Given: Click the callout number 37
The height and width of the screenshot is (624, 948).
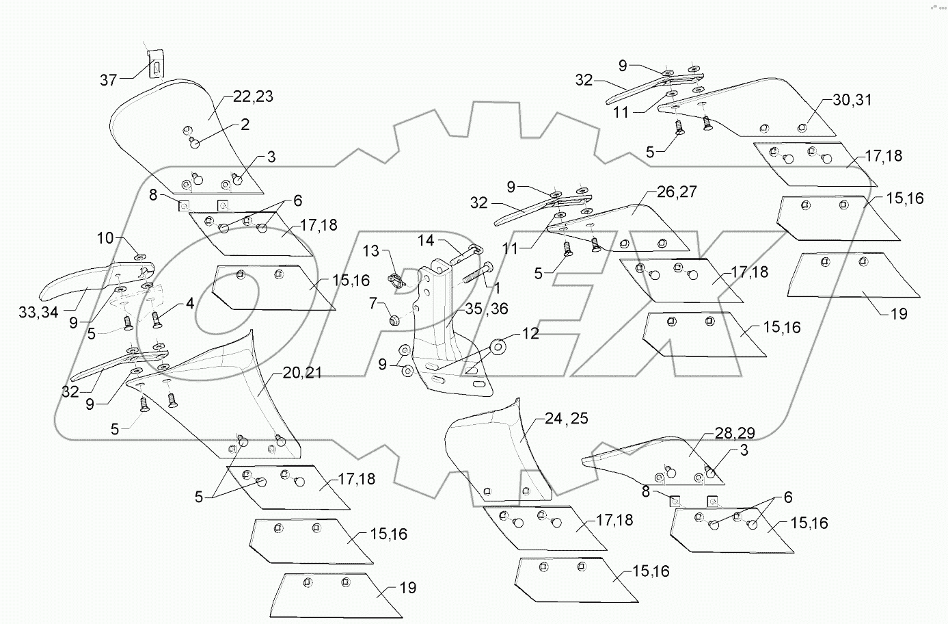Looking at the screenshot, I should pos(109,80).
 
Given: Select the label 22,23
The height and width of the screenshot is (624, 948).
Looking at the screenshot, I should pos(253,96).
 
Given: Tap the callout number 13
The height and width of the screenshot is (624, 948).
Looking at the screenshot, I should pos(370,251).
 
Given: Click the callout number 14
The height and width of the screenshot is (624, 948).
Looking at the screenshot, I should pos(426,240).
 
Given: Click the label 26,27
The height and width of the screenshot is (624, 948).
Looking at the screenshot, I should pos(677,192).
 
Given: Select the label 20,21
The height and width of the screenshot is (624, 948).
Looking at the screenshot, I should pos(302,373).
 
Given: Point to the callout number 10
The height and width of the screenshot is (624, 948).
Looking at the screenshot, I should pos(105,239).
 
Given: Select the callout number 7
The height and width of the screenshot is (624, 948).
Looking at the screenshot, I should pos(373,302).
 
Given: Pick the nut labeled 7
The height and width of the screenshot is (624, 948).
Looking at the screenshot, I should pos(396,320).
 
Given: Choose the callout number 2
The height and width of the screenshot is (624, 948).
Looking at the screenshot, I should pos(245,125).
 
